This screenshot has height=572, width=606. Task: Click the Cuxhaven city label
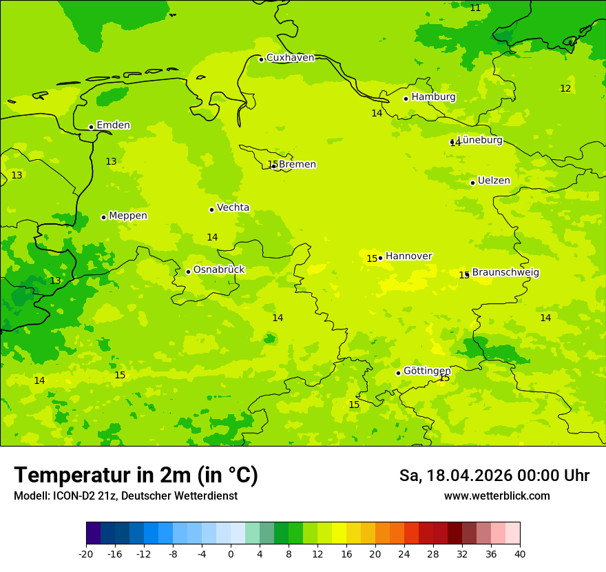click(290, 58)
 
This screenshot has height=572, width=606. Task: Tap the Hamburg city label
click(433, 97)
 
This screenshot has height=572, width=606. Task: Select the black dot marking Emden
click(91, 127)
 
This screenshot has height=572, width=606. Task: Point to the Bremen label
click(297, 165)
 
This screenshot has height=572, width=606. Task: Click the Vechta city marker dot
click(211, 210)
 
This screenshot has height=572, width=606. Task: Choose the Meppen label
click(127, 216)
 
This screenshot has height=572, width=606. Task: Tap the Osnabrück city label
click(218, 270)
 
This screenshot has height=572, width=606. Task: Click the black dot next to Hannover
click(380, 258)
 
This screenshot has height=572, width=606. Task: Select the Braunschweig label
click(505, 273)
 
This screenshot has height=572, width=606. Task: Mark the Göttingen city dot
click(398, 373)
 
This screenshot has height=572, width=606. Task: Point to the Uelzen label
click(494, 181)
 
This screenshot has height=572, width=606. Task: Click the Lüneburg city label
click(480, 141)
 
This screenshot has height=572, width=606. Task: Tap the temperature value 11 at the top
click(475, 8)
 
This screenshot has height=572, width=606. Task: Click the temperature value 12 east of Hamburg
click(565, 89)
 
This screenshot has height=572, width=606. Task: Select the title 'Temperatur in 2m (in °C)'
click(136, 476)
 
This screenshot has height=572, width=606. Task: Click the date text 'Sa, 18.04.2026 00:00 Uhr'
click(494, 476)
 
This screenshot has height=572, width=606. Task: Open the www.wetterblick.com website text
click(497, 496)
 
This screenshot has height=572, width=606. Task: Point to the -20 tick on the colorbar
click(86, 554)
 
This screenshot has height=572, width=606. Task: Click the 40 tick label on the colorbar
click(519, 554)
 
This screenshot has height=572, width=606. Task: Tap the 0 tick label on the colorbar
click(231, 554)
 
